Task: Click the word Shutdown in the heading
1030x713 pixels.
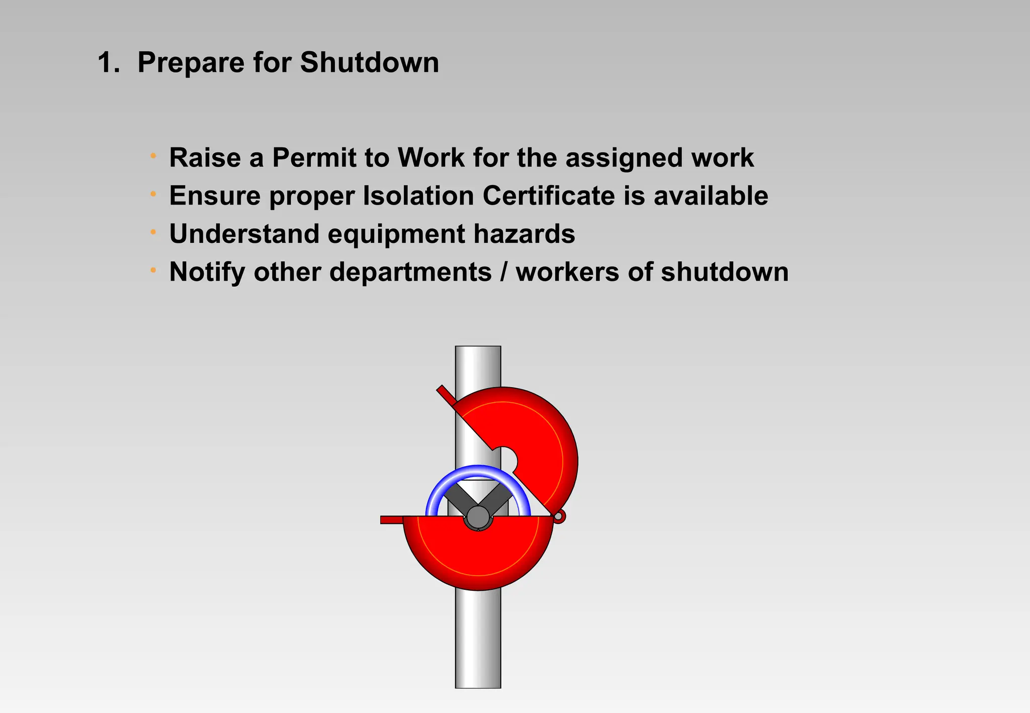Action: coord(369,63)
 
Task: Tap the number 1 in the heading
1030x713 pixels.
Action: coord(106,63)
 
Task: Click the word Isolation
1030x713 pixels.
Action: coord(418,196)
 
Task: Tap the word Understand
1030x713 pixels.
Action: coord(244,234)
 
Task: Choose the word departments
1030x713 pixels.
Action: coord(410,273)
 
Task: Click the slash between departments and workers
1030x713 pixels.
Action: coord(503,273)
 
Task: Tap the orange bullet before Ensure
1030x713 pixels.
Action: coord(153,194)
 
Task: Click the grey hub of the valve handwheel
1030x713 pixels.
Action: coord(478,517)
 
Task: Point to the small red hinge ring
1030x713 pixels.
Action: coord(558,516)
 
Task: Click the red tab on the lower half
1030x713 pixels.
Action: coord(392,520)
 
